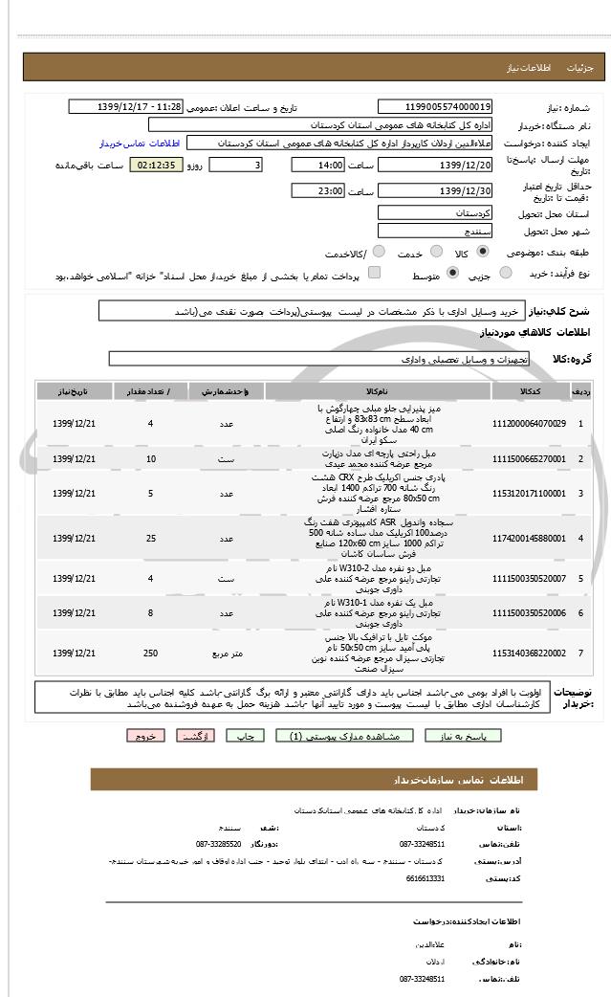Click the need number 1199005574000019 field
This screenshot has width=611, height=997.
(436, 107)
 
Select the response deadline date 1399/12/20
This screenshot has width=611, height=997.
(436, 166)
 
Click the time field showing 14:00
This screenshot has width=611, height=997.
(318, 166)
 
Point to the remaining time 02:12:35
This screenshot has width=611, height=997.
(156, 166)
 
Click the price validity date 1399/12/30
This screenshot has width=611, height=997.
(436, 191)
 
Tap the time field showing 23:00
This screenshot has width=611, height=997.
(318, 191)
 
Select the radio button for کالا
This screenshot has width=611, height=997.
(481, 252)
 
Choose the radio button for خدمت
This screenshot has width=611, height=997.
(436, 252)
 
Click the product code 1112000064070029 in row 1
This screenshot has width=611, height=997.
(529, 423)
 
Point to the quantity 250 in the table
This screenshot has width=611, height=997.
(150, 653)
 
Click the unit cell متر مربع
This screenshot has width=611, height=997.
(227, 653)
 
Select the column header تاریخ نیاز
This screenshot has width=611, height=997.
(74, 392)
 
